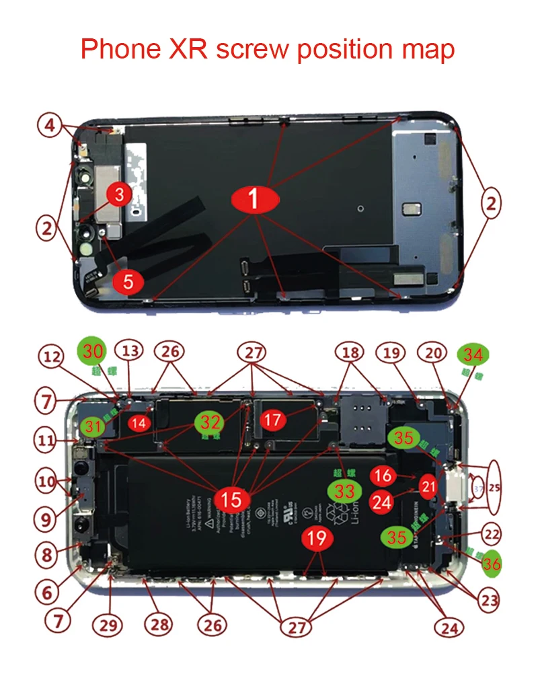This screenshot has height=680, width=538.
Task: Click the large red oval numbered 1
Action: [254, 199]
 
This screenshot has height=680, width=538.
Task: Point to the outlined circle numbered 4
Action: [50, 126]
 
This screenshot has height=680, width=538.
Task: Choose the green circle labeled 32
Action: [210, 422]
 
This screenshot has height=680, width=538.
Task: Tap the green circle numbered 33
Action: [345, 492]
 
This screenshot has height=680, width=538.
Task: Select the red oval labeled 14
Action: [139, 422]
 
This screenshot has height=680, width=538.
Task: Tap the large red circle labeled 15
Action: [231, 499]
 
